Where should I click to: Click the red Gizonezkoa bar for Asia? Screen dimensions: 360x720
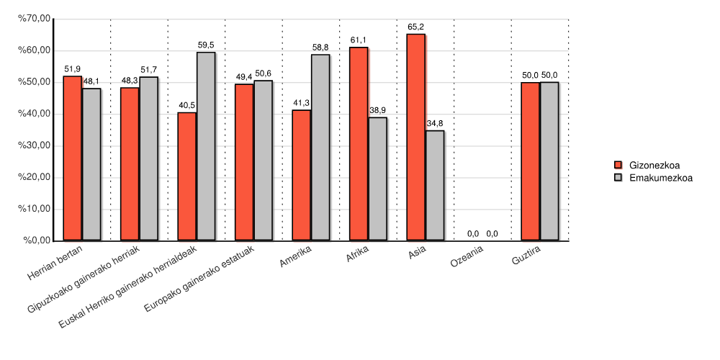click(416, 137)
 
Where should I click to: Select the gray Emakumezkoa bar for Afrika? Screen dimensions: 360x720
click(377, 179)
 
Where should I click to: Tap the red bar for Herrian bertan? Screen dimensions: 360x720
click(72, 158)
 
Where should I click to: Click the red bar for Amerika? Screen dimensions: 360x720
click(301, 175)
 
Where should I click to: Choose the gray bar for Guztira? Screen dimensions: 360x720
click(549, 161)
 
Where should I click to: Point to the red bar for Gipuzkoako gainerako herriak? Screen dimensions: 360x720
click(130, 163)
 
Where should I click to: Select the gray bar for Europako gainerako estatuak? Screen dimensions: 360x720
click(263, 160)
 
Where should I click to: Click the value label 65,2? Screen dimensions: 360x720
click(415, 27)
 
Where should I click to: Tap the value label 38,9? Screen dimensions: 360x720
click(377, 110)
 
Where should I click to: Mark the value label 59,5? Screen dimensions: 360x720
click(205, 45)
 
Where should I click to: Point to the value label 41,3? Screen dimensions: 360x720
click(301, 103)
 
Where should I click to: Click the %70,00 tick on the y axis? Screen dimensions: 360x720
click(35, 19)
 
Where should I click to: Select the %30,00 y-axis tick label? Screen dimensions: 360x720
click(35, 145)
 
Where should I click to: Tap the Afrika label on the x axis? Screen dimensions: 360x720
click(358, 256)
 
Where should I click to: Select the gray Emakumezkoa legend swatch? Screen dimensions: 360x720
click(618, 178)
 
